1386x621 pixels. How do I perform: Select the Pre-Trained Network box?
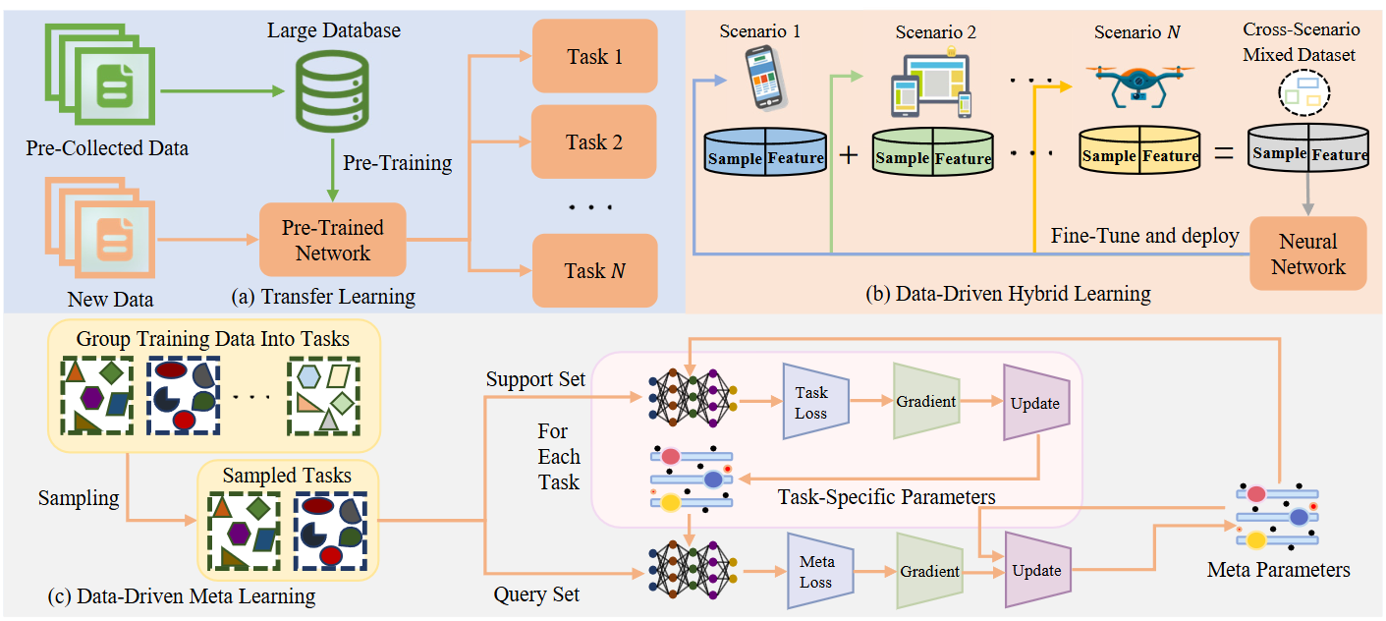[x=333, y=240]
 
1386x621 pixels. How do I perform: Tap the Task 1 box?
[x=594, y=56]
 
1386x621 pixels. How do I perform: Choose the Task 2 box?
[x=594, y=141]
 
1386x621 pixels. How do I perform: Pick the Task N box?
[x=594, y=270]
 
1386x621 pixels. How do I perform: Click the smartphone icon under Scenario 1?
[x=767, y=81]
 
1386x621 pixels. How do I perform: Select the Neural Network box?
[x=1307, y=254]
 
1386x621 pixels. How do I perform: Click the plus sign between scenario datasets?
[x=848, y=155]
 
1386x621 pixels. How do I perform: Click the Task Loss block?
[x=811, y=401]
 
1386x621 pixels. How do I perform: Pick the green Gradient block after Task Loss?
[x=925, y=401]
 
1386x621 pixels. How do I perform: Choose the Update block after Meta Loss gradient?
[x=1037, y=570]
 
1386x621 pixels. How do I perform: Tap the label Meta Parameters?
[x=1278, y=569]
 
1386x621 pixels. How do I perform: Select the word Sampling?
[x=79, y=498]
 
